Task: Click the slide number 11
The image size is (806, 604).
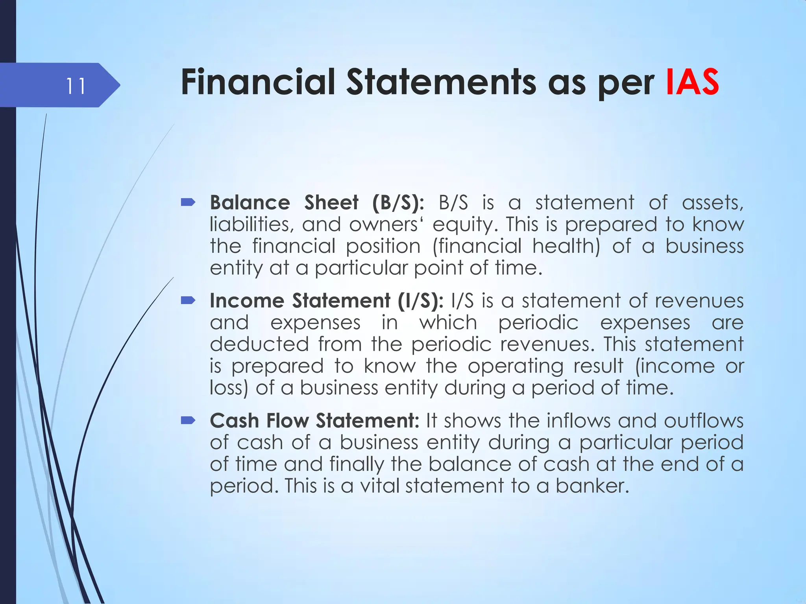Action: pyautogui.click(x=75, y=86)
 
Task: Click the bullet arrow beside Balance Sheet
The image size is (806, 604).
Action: pyautogui.click(x=188, y=203)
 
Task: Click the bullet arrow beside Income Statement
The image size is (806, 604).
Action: pyautogui.click(x=188, y=301)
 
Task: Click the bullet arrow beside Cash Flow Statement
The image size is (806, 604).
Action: pyautogui.click(x=188, y=421)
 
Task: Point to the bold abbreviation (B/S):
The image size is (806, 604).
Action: pyautogui.click(x=398, y=203)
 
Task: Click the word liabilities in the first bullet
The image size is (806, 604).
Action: pyautogui.click(x=251, y=225)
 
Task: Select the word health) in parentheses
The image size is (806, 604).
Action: pyautogui.click(x=566, y=247)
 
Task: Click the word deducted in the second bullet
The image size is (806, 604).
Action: pyautogui.click(x=259, y=344)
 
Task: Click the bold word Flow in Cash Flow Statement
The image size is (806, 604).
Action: pyautogui.click(x=288, y=421)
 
